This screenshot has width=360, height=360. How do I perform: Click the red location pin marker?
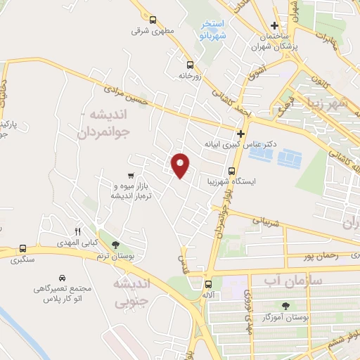click(x=181, y=165)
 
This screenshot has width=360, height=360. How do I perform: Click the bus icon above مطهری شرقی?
click(x=150, y=20)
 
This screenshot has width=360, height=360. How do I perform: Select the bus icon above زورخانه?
click(x=189, y=63)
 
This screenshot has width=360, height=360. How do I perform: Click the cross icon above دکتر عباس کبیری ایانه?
click(x=241, y=133)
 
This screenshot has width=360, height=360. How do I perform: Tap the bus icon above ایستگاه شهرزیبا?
click(x=233, y=170)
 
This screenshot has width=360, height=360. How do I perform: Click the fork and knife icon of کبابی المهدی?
click(x=78, y=231)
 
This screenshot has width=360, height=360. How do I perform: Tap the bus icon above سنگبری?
click(x=23, y=248)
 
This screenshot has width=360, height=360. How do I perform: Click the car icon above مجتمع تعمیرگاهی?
click(x=63, y=278)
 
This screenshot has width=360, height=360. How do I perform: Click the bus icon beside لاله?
click(x=207, y=285)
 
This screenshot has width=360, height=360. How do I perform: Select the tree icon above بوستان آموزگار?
click(x=285, y=305)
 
